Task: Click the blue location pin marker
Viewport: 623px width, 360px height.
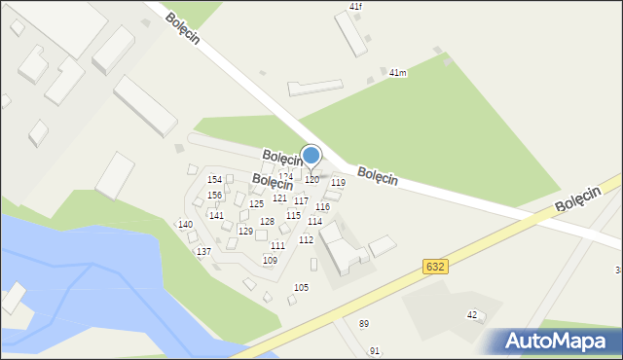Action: pyautogui.click(x=311, y=156)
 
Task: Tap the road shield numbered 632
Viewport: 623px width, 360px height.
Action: pyautogui.click(x=436, y=267)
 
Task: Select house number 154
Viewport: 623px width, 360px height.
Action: pyautogui.click(x=215, y=180)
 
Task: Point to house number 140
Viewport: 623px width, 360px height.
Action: pyautogui.click(x=185, y=225)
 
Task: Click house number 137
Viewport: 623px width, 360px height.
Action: pyautogui.click(x=203, y=252)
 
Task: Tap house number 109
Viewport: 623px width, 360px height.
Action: pyautogui.click(x=270, y=261)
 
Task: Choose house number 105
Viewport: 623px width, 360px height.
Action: pyautogui.click(x=301, y=287)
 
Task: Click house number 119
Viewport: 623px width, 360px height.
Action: pyautogui.click(x=338, y=183)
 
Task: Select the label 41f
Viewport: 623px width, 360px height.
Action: pyautogui.click(x=355, y=7)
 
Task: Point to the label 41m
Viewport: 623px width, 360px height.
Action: pyautogui.click(x=397, y=73)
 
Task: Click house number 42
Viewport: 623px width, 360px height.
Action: pyautogui.click(x=472, y=314)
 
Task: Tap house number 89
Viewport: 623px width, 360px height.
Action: pyautogui.click(x=364, y=323)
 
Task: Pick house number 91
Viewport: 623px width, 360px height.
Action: pyautogui.click(x=375, y=350)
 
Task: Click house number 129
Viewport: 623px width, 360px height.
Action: pyautogui.click(x=245, y=232)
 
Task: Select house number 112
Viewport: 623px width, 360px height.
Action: pyautogui.click(x=306, y=239)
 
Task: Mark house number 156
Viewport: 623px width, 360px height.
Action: pyautogui.click(x=215, y=196)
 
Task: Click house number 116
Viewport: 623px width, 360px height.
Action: pyautogui.click(x=322, y=207)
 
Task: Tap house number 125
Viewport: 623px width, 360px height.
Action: pyautogui.click(x=256, y=204)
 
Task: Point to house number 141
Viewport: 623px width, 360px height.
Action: pyautogui.click(x=216, y=216)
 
